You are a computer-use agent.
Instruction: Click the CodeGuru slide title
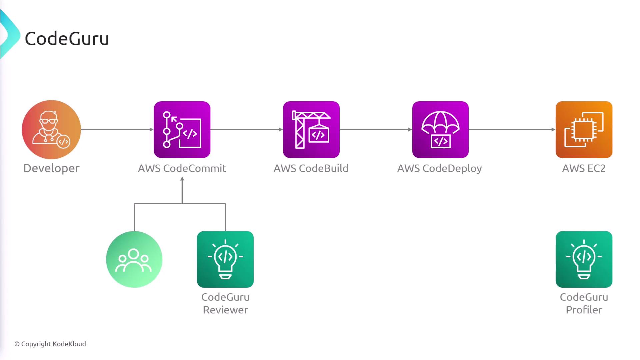coord(67,39)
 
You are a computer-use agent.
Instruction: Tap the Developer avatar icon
coord(51,129)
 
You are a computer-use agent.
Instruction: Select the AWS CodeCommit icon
coord(182,130)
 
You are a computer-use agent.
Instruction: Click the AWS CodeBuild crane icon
coord(311,130)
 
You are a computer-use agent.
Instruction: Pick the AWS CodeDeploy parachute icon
coord(440,130)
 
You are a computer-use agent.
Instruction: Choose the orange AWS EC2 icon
coord(584,130)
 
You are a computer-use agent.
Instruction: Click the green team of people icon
coord(134,259)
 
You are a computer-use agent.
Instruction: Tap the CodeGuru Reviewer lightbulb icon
coord(225,259)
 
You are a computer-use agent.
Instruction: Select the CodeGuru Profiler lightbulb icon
coord(584,259)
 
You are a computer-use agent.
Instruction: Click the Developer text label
coord(51,169)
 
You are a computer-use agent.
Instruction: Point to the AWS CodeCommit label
coord(182,168)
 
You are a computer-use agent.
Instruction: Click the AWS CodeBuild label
coord(311,168)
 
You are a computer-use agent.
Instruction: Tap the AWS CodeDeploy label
coord(440,169)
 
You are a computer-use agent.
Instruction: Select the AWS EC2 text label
coord(584,168)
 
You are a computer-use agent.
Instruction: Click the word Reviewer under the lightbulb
coord(225,310)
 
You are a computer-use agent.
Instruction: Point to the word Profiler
coord(584,310)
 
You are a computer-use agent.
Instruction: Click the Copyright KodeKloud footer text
coord(50,344)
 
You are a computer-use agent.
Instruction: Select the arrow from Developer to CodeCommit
coord(117,129)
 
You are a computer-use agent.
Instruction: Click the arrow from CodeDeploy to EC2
coord(512,129)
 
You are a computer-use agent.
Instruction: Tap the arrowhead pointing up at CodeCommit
coord(182,179)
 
